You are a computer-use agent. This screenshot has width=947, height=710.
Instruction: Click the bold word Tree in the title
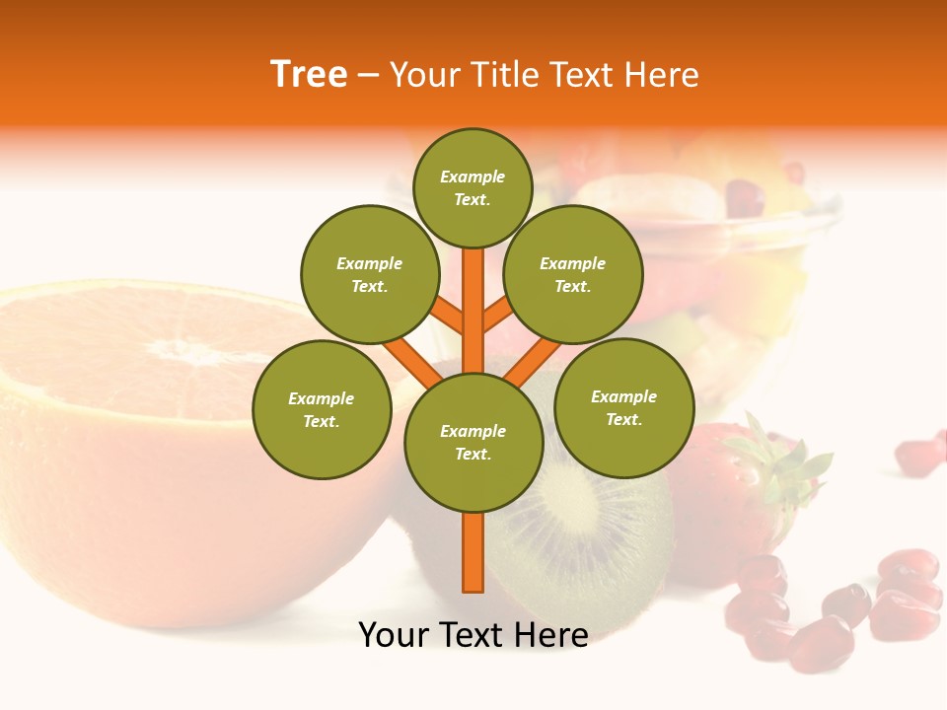click(x=309, y=75)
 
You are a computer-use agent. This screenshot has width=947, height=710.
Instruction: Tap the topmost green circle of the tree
click(x=473, y=187)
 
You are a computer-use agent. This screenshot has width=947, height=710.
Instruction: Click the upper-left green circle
click(x=369, y=274)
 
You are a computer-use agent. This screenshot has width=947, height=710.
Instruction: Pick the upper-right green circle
click(x=572, y=274)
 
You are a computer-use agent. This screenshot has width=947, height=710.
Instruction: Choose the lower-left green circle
click(x=322, y=409)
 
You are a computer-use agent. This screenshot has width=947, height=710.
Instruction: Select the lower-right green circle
click(x=623, y=407)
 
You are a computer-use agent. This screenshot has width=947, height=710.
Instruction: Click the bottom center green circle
click(x=473, y=442)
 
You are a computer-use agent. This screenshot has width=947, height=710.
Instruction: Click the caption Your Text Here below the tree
click(x=473, y=635)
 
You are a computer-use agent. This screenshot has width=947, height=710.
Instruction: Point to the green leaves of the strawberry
click(x=789, y=463)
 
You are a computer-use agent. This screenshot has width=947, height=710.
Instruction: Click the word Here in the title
click(x=663, y=75)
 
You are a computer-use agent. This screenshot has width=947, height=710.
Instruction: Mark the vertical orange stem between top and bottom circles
click(x=473, y=306)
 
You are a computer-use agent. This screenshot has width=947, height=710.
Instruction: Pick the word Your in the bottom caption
click(x=395, y=635)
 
